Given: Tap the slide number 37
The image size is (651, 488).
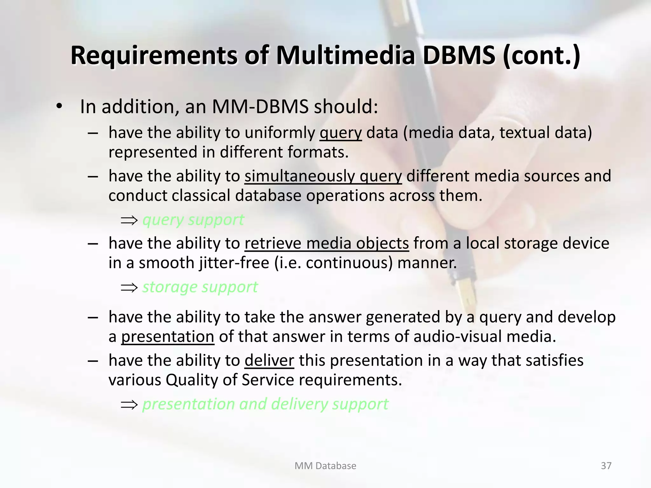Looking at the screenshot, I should (x=606, y=466).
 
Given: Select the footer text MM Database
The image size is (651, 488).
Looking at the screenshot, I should (x=325, y=466).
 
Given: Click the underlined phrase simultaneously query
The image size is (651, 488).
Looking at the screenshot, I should (x=323, y=176).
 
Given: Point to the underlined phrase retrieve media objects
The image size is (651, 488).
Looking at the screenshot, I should (x=326, y=243).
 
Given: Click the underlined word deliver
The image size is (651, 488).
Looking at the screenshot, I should (x=269, y=360).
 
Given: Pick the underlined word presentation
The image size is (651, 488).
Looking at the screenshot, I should (x=168, y=336).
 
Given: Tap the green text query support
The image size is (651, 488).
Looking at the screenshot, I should (x=193, y=220).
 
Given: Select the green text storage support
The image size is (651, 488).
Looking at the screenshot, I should (x=200, y=287).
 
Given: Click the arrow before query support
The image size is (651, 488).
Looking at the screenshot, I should (x=129, y=220).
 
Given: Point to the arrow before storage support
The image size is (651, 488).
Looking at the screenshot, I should (x=129, y=288).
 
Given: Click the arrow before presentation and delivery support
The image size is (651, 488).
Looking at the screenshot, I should (x=129, y=404).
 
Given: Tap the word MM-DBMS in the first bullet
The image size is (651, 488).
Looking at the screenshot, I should (x=260, y=107).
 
